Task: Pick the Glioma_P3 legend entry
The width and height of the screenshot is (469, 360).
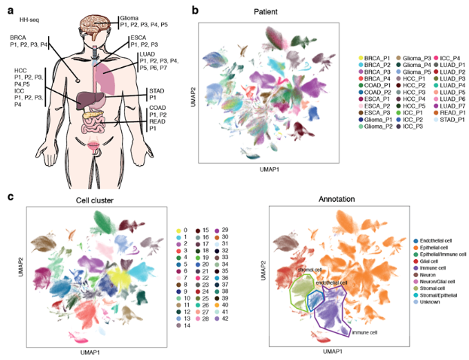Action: click(411, 57)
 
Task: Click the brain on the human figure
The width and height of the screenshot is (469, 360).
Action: click(94, 17)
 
